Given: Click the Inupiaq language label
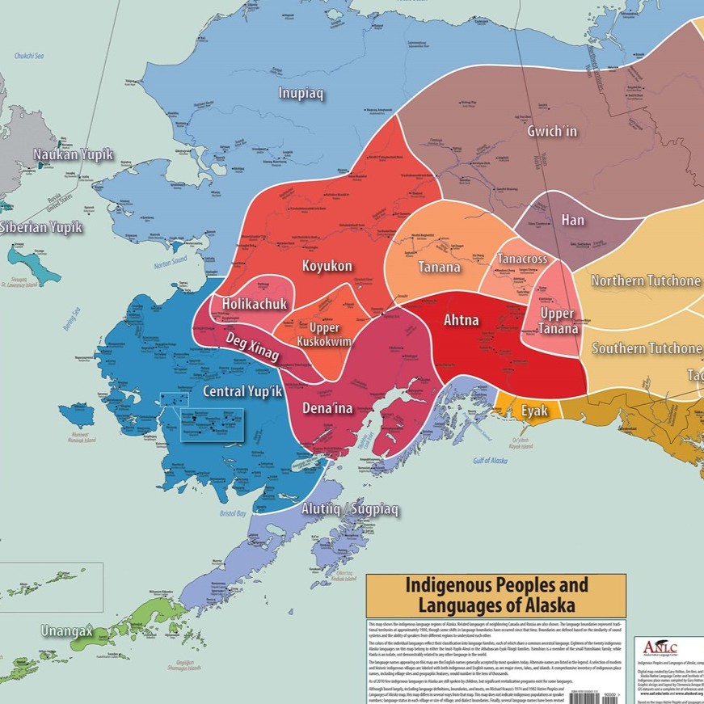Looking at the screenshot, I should coord(301,94).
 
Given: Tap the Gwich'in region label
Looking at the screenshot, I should coord(552,131).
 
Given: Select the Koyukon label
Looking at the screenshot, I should coord(328,266).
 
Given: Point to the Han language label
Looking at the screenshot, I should coord(572,220).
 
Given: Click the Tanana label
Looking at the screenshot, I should coord(439,268).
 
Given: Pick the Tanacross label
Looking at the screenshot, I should coord(522,259).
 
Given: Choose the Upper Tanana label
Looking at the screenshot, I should coord(559,321).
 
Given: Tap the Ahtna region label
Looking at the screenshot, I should coord(461,320).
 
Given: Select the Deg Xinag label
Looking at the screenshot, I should coord(252,347).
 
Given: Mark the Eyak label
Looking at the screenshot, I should coord(534,411).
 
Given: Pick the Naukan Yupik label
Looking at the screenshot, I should coord(73,154).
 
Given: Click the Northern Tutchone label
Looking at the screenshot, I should coord(646,280).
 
